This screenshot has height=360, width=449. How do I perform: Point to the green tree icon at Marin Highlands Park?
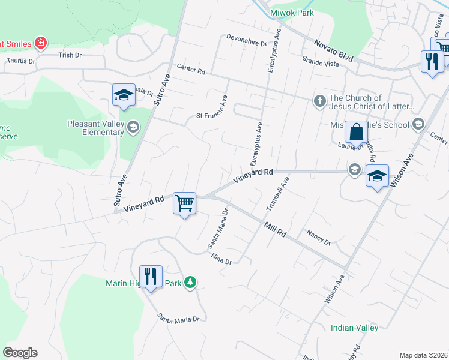tap(190, 282)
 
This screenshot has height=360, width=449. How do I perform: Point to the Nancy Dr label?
tap(318, 237)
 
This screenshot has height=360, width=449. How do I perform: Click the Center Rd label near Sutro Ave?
tap(191, 71)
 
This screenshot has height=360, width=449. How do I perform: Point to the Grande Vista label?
tap(321, 61)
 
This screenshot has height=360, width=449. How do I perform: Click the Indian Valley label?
tap(354, 328)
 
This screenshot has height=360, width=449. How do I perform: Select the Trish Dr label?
tap(70, 55)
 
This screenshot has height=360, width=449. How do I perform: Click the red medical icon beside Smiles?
tap(40, 43)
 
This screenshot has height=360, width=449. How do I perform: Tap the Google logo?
tap(20, 353)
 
